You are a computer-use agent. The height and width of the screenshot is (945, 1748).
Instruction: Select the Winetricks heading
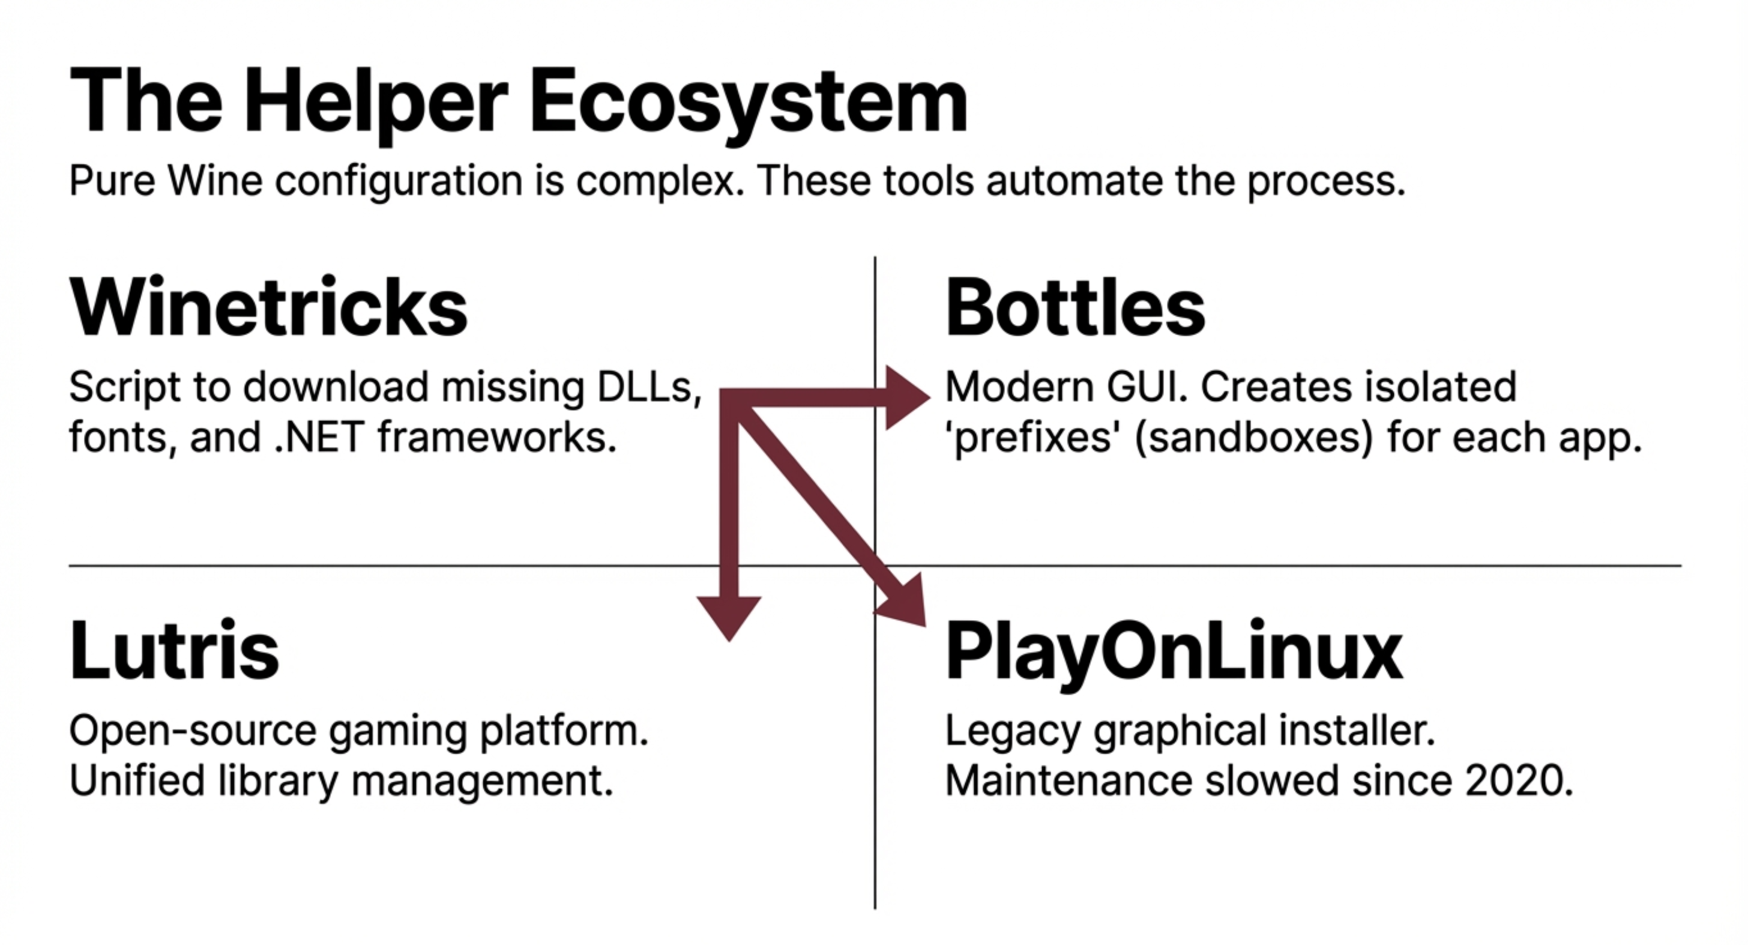pyautogui.click(x=269, y=307)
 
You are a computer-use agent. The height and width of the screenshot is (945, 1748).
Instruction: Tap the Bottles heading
pyautogui.click(x=1075, y=307)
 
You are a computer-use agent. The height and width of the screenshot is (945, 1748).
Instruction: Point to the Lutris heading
pyautogui.click(x=175, y=650)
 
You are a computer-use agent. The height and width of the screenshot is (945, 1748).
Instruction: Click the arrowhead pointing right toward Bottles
pyautogui.click(x=906, y=398)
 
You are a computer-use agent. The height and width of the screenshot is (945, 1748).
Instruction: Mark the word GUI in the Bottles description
pyautogui.click(x=1147, y=387)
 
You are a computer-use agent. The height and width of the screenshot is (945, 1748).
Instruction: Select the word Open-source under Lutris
pyautogui.click(x=193, y=731)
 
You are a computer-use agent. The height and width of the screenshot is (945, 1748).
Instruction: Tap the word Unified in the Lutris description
pyautogui.click(x=137, y=780)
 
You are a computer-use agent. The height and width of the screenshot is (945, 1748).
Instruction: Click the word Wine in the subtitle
pyautogui.click(x=215, y=181)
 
